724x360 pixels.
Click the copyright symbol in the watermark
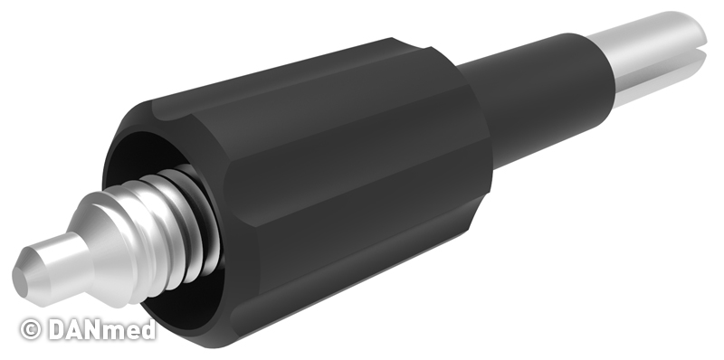click(31, 330)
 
